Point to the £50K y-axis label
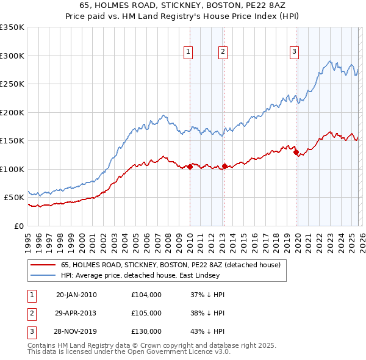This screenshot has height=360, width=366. (13, 198)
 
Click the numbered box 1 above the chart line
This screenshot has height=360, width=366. (188, 52)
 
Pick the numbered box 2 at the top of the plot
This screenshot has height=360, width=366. (223, 52)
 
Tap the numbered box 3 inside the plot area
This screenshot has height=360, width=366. (294, 52)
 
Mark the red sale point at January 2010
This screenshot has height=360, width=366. (190, 167)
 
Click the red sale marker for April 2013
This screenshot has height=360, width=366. (224, 166)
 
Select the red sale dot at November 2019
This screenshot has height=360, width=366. (296, 153)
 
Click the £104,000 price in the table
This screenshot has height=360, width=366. (146, 295)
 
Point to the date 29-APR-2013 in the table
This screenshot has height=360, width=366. (76, 313)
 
